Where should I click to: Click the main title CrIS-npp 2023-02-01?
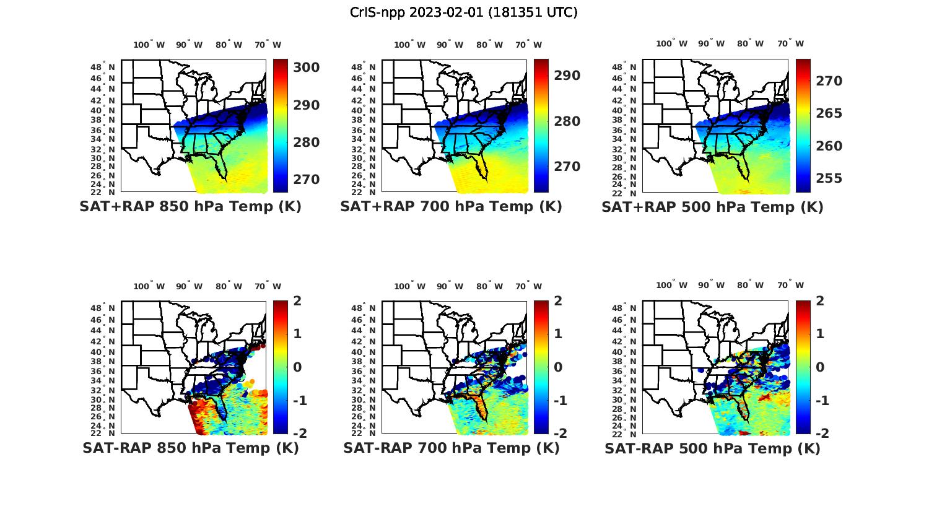pos(463,12)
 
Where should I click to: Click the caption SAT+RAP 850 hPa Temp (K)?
pos(190,207)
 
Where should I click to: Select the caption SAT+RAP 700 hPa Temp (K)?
pos(451,207)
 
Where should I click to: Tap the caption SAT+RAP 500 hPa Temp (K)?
pos(712,207)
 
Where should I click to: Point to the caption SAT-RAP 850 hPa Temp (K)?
pos(190,448)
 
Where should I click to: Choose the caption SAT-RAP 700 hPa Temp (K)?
pos(451,448)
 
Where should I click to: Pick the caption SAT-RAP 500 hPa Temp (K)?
pos(712,448)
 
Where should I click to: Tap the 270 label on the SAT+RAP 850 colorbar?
pos(306,180)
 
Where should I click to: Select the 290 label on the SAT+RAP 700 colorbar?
pos(567,76)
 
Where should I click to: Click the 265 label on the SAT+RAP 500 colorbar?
pos(828,113)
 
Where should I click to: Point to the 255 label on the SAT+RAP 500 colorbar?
pos(828,178)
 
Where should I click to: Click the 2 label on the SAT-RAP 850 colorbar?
pos(297,301)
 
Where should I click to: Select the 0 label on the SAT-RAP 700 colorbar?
pos(558,367)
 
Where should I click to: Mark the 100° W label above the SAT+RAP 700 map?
pos(409,45)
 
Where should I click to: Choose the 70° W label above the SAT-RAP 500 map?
pos(790,286)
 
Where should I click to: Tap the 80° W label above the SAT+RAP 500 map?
pos(750,44)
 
